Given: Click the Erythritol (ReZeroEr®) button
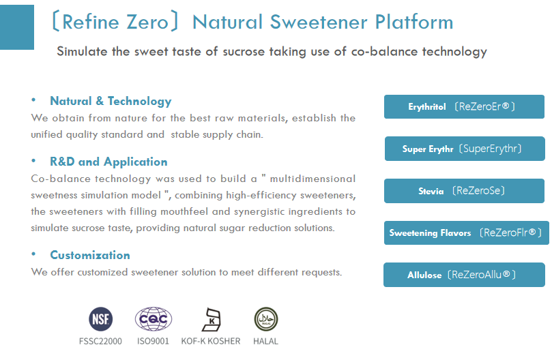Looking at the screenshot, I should tap(464, 107).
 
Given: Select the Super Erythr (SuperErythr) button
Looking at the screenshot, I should tap(464, 149).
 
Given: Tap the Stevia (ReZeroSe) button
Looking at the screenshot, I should tap(464, 191).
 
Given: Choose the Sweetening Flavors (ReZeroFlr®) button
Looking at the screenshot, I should tap(466, 232).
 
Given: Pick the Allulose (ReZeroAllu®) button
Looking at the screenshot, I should tap(464, 275).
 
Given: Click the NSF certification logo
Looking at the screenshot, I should tap(100, 319).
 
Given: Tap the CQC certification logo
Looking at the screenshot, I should tap(153, 319).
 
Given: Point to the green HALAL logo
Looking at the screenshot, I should tap(265, 319).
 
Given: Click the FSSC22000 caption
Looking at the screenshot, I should tap(100, 341).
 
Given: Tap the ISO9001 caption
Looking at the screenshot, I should tap(153, 341).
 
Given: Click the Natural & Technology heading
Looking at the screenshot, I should tap(111, 101).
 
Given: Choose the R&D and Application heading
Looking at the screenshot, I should tap(108, 162).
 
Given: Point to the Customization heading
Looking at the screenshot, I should tap(89, 255).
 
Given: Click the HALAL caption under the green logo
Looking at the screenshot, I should tap(265, 341).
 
